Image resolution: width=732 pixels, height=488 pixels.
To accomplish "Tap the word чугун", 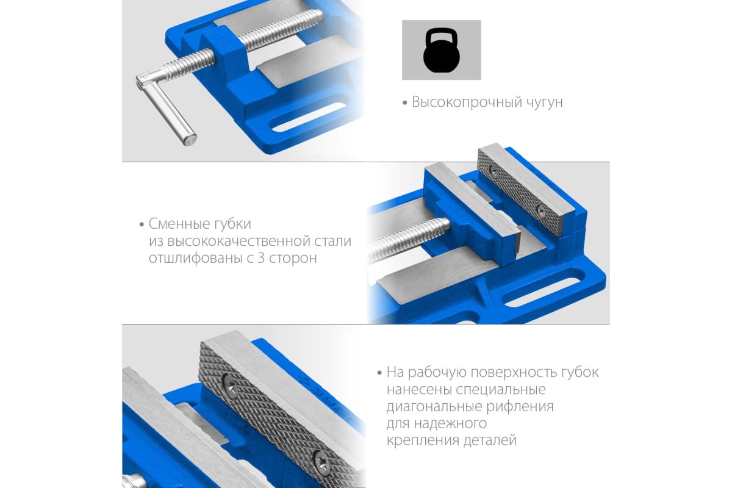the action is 544,103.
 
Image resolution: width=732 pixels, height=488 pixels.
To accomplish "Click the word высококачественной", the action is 239,241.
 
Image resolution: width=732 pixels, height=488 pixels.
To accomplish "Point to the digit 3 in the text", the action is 261,258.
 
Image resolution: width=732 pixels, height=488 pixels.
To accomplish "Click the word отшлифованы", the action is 195,259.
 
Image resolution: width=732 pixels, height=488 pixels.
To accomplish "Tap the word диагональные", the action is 434,407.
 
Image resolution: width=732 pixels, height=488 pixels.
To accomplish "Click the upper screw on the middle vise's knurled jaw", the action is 495,171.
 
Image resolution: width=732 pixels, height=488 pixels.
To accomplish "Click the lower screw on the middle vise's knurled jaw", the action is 540,212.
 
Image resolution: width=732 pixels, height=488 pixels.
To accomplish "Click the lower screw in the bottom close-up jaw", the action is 322,462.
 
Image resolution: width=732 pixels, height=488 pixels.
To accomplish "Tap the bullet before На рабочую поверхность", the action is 379,373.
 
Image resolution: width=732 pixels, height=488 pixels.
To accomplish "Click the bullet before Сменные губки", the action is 142,224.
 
